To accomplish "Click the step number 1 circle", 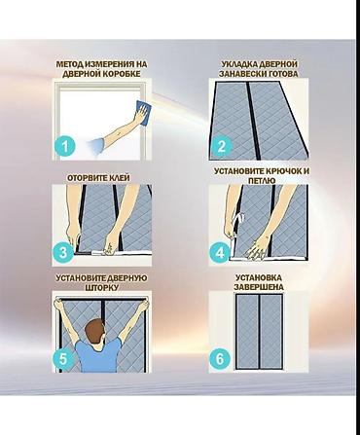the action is (x=65, y=146).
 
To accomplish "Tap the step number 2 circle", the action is (x=222, y=146).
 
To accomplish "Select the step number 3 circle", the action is (x=63, y=252).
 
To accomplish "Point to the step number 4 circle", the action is (x=220, y=252).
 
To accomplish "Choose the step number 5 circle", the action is (x=63, y=358).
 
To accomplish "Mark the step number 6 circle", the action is (x=220, y=358).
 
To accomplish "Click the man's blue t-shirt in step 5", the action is (x=98, y=354).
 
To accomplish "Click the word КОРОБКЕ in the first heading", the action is (x=122, y=74).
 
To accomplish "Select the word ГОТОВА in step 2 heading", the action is (x=283, y=74).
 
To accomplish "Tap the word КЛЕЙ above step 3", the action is (x=119, y=178).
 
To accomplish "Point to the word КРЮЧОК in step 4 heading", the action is (x=284, y=171).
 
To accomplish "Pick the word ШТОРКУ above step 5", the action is (x=101, y=287).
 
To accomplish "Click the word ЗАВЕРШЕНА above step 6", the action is (x=259, y=287).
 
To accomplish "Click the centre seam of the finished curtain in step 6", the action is (x=259, y=332).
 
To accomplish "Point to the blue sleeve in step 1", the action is (x=97, y=145).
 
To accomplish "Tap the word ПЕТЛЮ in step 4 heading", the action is (x=262, y=180).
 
